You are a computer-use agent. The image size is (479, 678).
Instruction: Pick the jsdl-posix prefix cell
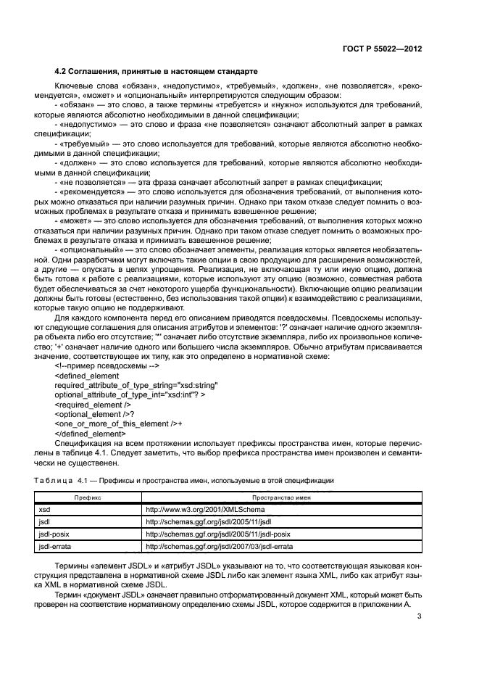[x=54, y=533]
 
